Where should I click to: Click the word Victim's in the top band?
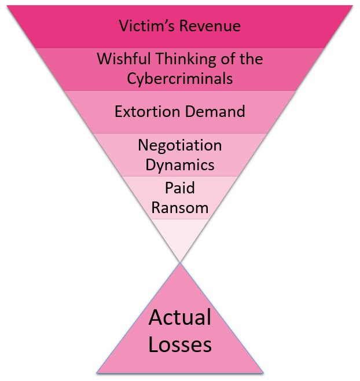tap(146, 25)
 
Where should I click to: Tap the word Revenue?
tap(210, 25)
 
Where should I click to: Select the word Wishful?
tap(123, 58)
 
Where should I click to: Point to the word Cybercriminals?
tap(180, 79)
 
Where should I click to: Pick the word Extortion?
tap(147, 112)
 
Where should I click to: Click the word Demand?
tap(215, 112)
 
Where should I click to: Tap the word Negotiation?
tap(180, 146)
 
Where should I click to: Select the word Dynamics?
tap(180, 165)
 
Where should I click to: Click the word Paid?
tap(180, 188)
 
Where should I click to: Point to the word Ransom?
tap(180, 208)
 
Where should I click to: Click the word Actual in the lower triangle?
tap(180, 317)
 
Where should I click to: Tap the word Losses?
tap(180, 344)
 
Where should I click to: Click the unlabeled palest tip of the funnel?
tap(180, 237)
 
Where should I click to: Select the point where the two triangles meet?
tap(180, 263)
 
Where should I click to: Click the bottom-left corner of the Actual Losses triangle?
tap(97, 372)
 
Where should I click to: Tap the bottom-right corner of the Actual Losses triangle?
tap(263, 372)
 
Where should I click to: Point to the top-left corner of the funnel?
tap(8, 6)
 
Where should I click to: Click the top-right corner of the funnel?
tap(352, 6)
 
